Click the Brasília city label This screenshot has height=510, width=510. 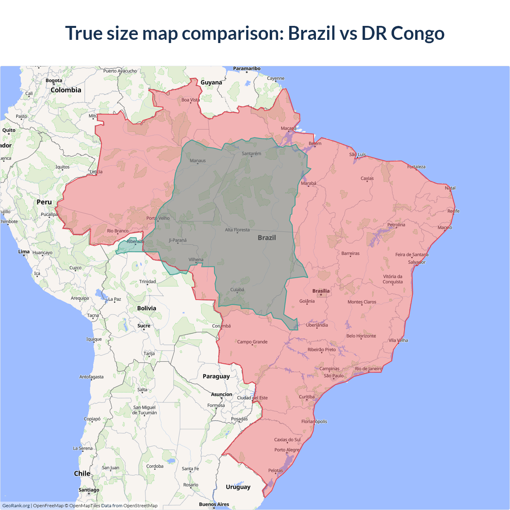point(321,291)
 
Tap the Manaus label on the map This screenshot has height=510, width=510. point(198,161)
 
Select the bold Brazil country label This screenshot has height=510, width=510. point(267,237)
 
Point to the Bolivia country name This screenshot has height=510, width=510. point(147,308)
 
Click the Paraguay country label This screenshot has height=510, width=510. point(216,376)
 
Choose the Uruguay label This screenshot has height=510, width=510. point(238,487)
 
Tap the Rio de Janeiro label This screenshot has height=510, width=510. point(368,369)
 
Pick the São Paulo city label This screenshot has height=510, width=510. point(333,376)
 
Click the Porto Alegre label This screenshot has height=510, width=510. point(286,450)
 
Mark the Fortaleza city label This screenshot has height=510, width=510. point(416,167)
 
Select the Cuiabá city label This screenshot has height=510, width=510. point(237,290)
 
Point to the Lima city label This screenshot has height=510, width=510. point(24,251)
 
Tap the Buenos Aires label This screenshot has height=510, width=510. point(214,504)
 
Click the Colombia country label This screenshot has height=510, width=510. point(66,90)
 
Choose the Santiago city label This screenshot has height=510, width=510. point(89,490)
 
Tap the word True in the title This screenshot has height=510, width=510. point(84,33)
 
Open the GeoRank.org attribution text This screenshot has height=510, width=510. point(16,506)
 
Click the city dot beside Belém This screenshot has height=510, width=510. point(315,146)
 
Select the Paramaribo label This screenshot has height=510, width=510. point(247,69)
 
